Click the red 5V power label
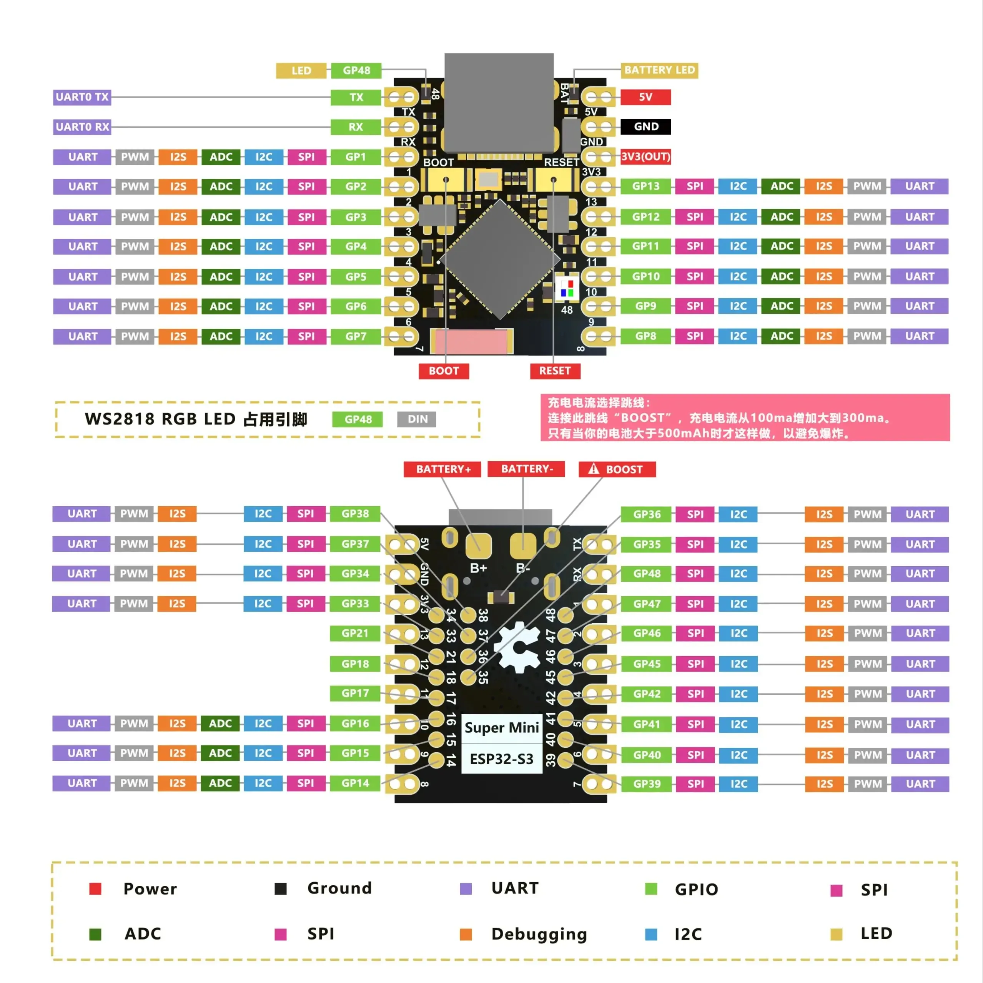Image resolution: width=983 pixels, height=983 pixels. click(645, 96)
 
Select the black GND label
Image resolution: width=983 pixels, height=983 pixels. click(645, 126)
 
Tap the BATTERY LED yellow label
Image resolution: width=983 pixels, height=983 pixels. click(659, 70)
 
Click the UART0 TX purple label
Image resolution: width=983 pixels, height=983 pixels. click(82, 96)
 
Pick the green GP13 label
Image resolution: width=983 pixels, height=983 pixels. click(645, 186)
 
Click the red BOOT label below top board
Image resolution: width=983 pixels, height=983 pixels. click(443, 371)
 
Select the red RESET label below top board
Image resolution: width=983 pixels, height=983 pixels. click(555, 371)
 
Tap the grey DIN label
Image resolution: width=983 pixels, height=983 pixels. click(417, 419)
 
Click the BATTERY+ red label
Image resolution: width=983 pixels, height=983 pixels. click(442, 469)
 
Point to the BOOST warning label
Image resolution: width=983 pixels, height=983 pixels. click(617, 469)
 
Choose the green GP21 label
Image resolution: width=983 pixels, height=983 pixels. click(354, 634)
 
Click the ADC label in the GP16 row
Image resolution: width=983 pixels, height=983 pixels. click(220, 724)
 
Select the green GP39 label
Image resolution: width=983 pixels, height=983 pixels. click(646, 783)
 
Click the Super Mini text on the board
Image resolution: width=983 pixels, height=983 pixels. click(501, 728)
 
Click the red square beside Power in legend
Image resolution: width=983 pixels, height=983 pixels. click(95, 889)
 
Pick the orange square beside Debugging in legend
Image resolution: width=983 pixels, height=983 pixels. click(466, 934)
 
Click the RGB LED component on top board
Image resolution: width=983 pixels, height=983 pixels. click(567, 288)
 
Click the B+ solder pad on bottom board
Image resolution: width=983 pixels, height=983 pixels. click(478, 546)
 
